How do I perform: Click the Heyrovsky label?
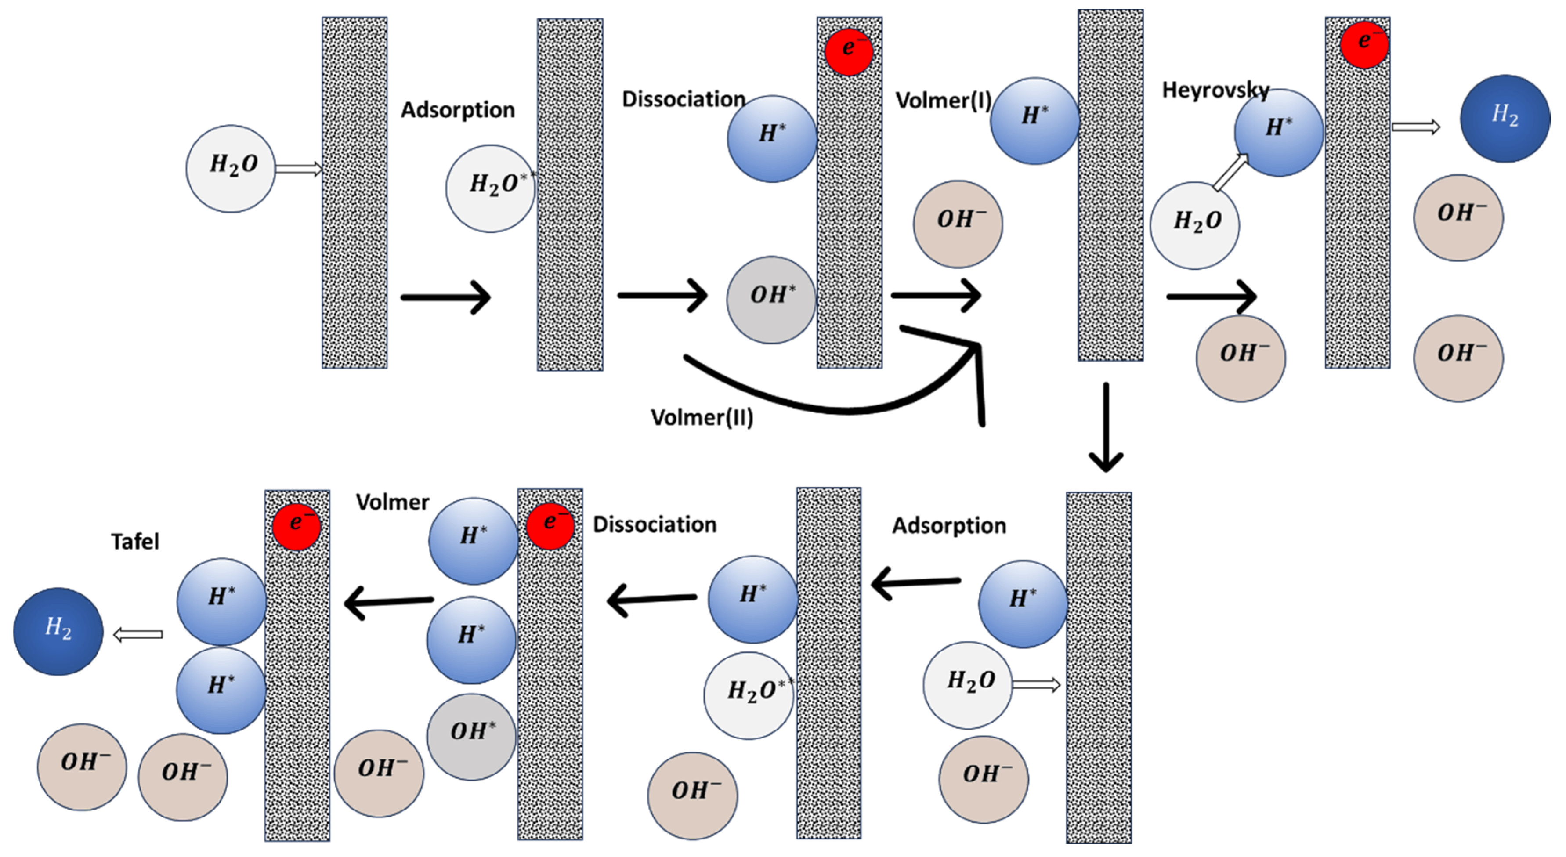coord(1215,90)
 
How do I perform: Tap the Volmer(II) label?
coord(702,418)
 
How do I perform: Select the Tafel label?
coord(135,541)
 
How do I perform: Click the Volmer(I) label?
coord(943,100)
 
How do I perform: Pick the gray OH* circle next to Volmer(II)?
coord(771,299)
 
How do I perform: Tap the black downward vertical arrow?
coord(1105,429)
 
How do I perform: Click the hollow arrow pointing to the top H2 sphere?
coord(1415,127)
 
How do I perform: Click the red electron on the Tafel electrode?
coord(297,526)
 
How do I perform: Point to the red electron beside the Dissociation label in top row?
coord(849,51)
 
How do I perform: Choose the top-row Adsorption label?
coord(457,110)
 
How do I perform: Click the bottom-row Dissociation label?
coord(654,524)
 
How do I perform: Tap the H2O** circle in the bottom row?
coord(749,695)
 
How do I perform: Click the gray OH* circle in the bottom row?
coord(471,736)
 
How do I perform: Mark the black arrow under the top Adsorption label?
coord(445,297)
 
